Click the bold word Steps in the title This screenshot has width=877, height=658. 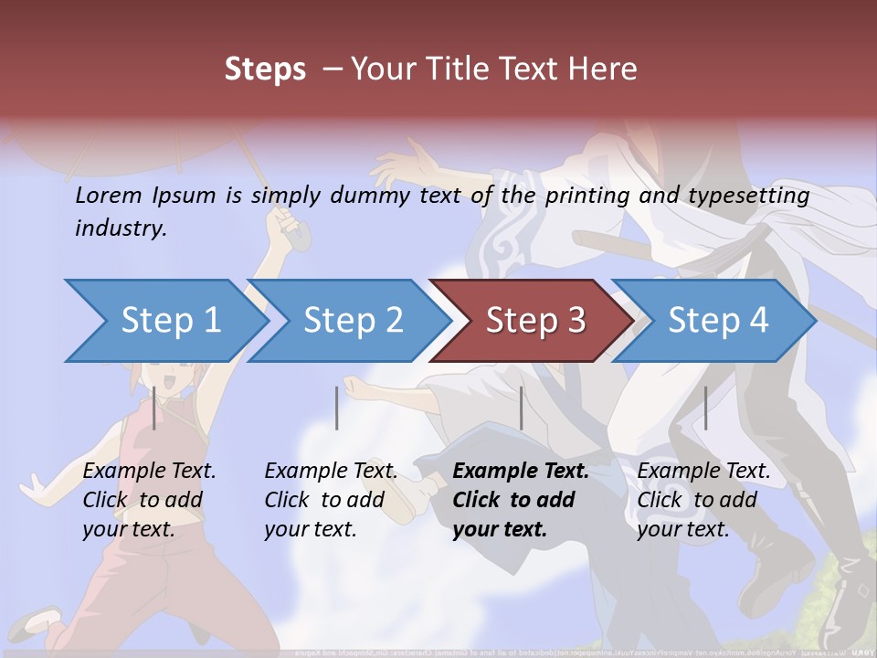click(265, 69)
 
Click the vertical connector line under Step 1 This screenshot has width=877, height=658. click(153, 408)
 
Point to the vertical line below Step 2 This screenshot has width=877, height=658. click(337, 408)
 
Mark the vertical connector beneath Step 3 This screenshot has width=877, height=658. click(521, 408)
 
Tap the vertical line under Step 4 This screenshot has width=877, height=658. click(705, 408)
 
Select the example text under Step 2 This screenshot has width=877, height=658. click(331, 500)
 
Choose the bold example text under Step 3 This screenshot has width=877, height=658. click(521, 500)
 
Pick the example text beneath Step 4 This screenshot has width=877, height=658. click(703, 500)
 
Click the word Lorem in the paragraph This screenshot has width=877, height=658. click(109, 195)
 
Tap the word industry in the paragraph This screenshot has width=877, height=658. click(121, 228)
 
